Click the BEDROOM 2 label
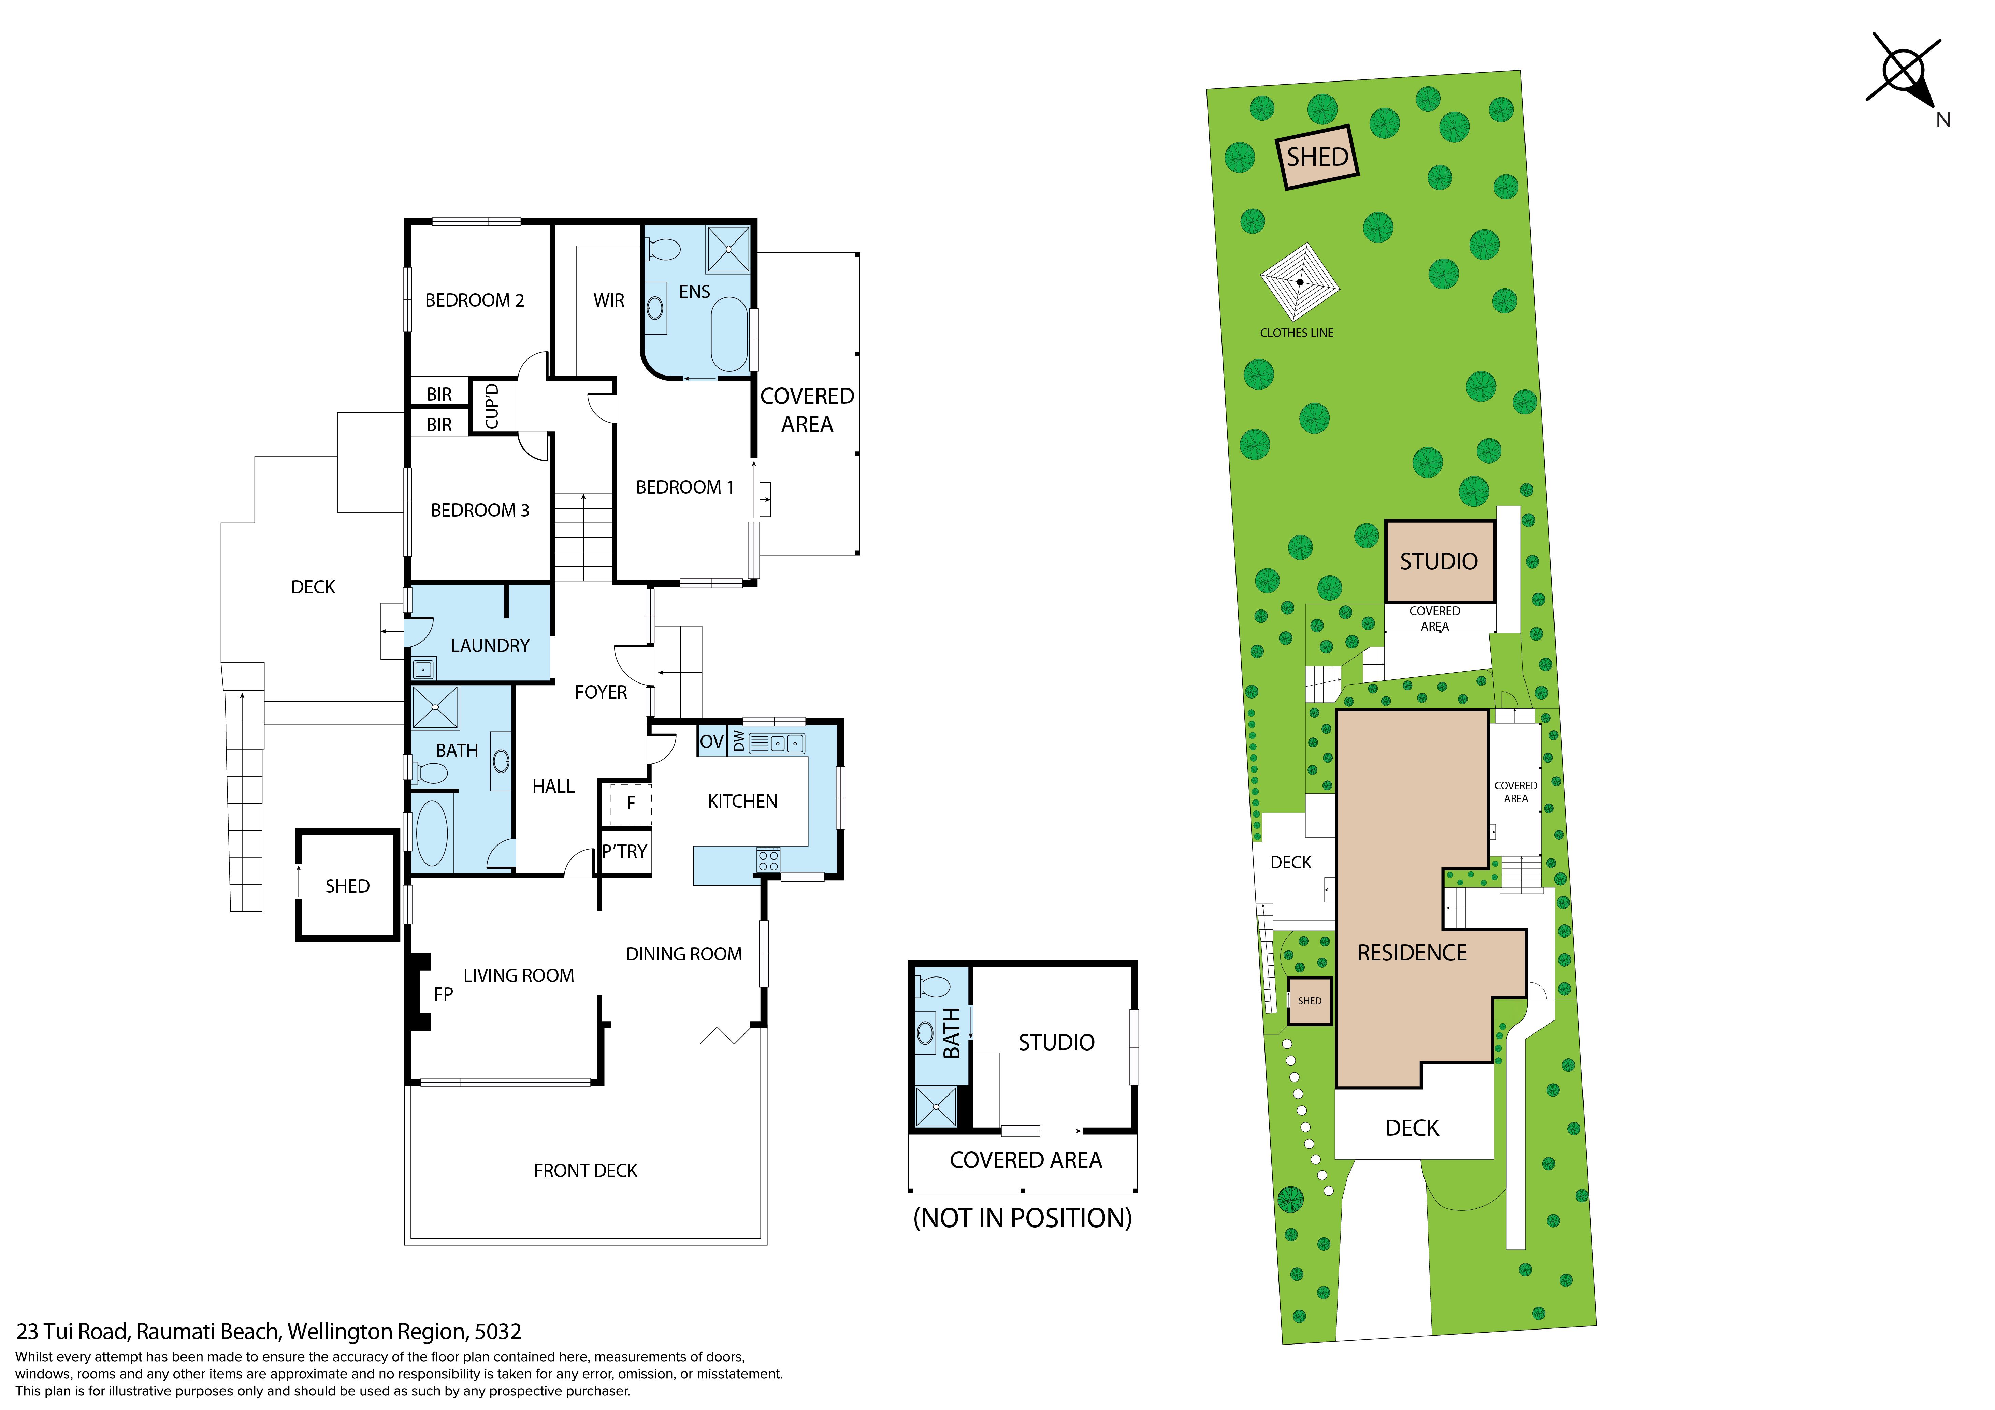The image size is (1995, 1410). (474, 300)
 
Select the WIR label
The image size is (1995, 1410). (608, 300)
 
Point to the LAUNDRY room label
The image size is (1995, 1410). (490, 646)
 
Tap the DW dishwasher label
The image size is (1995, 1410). (739, 740)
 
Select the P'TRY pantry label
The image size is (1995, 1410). (625, 851)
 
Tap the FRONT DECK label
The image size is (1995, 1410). (586, 1171)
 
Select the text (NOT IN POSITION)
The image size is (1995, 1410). (1023, 1218)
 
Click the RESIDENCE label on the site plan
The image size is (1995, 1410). (1412, 953)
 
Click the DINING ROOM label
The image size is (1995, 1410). (684, 954)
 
